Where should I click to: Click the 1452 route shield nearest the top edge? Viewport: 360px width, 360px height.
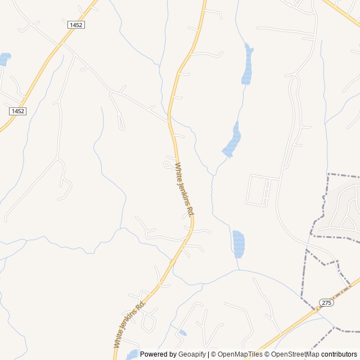[x=76, y=25]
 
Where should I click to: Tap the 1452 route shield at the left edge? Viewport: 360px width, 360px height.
[x=17, y=111]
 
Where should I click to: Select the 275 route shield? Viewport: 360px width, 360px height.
[x=326, y=303]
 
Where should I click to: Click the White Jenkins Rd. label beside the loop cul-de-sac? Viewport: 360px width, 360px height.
[x=184, y=190]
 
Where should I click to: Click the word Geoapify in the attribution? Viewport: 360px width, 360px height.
[x=192, y=354]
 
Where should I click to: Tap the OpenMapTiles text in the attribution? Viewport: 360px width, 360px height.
[x=240, y=354]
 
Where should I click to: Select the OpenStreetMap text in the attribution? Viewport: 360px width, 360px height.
[x=296, y=354]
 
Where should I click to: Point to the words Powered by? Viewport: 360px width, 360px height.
[x=158, y=354]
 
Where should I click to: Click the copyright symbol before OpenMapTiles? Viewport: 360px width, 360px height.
[x=214, y=354]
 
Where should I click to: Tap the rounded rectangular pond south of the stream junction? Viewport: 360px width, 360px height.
[x=238, y=244]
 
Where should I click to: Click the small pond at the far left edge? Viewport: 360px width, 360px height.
[x=4, y=58]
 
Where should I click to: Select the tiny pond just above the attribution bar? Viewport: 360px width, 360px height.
[x=182, y=333]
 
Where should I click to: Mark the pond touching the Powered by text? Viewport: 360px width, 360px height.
[x=133, y=354]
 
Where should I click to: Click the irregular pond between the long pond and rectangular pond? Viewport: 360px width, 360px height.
[x=232, y=141]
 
